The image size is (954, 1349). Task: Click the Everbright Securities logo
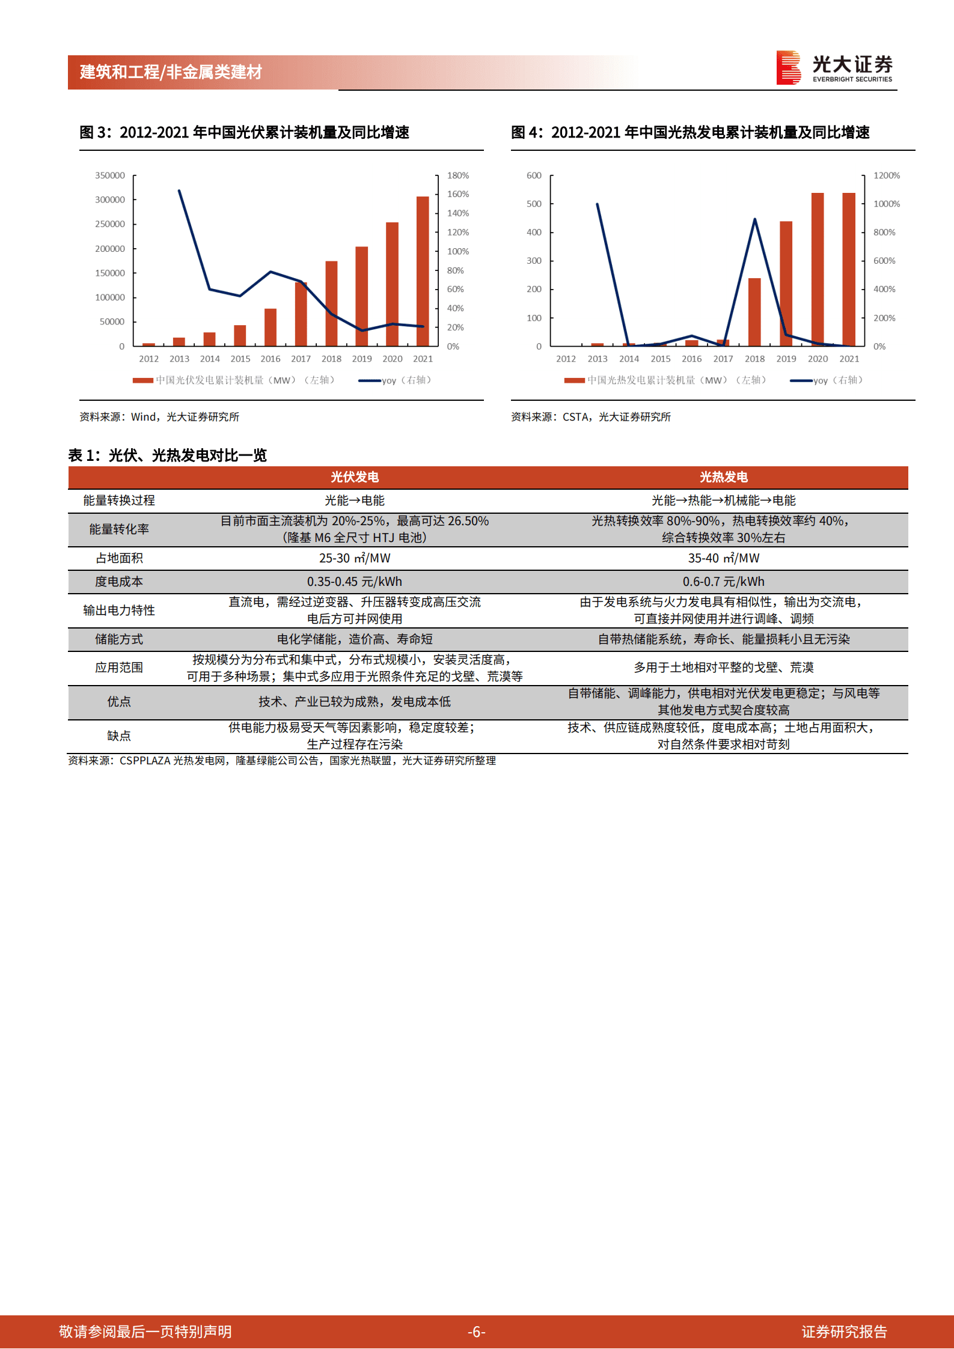[x=834, y=67]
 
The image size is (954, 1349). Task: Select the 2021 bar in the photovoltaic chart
[x=423, y=270]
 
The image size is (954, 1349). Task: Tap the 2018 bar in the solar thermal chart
[x=754, y=312]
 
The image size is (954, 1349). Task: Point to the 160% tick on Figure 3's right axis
[x=457, y=194]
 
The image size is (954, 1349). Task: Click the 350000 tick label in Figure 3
[x=110, y=175]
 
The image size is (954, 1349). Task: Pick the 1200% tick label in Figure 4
[x=886, y=175]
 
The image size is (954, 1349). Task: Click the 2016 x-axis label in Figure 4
[x=691, y=359]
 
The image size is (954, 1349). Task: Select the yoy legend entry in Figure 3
[x=394, y=380]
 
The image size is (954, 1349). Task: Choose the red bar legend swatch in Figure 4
[x=574, y=380]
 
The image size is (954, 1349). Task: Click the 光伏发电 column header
[x=355, y=477]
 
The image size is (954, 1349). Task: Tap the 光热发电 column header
[x=723, y=477]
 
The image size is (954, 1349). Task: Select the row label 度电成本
[x=119, y=582]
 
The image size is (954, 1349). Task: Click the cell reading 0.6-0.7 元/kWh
[x=723, y=582]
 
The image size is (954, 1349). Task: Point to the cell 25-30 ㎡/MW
[x=355, y=558]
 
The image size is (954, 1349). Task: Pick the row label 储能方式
[x=119, y=639]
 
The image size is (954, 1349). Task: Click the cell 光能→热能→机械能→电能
[x=723, y=501]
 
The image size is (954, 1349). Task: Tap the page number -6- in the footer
[x=476, y=1332]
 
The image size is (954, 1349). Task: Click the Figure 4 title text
[x=690, y=132]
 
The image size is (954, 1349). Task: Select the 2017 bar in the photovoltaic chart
[x=301, y=314]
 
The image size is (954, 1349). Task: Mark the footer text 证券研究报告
[x=844, y=1332]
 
